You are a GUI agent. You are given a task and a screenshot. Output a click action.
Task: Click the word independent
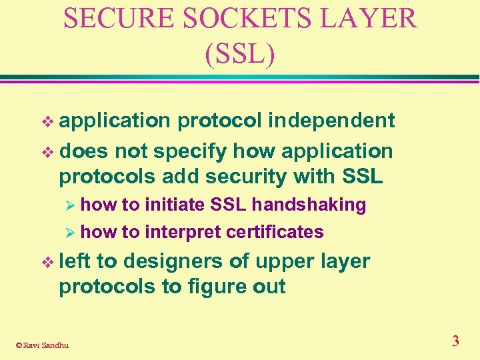(x=331, y=121)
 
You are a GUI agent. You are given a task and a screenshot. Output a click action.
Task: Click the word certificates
(x=275, y=232)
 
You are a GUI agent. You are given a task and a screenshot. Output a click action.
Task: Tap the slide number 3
(x=455, y=341)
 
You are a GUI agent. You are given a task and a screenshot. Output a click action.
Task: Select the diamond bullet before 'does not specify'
(x=46, y=152)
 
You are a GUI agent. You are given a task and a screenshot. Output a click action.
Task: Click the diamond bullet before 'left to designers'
(x=46, y=262)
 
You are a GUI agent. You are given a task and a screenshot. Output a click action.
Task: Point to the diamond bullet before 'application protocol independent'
(x=46, y=121)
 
